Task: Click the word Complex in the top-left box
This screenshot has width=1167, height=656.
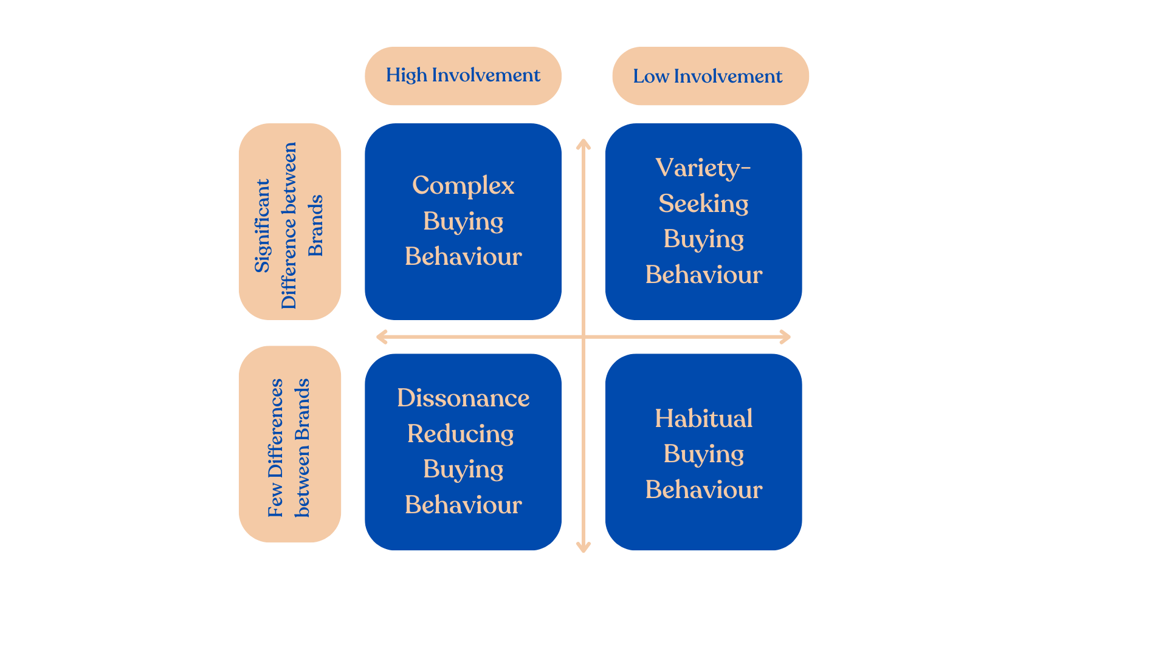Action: click(463, 186)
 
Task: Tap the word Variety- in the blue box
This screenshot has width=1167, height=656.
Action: click(703, 168)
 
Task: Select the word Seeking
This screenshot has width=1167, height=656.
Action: click(703, 204)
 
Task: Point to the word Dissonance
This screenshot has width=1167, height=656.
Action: click(463, 398)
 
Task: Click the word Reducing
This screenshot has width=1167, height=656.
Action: click(461, 434)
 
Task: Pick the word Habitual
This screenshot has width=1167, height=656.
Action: click(704, 419)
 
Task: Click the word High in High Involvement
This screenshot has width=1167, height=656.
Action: click(407, 75)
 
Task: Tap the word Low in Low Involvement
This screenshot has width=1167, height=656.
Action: click(650, 77)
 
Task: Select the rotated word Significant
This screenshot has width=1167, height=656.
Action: click(262, 225)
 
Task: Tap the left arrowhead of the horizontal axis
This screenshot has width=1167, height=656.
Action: click(382, 337)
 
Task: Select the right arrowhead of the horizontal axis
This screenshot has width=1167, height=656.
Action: click(785, 337)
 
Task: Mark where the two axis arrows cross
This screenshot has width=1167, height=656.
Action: click(583, 337)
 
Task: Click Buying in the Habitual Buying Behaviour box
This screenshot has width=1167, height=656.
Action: click(704, 454)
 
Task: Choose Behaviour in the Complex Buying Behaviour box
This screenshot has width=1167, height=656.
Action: click(463, 256)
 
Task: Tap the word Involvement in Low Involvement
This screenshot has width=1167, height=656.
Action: click(728, 77)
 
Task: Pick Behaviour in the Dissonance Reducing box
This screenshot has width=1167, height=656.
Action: click(463, 505)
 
